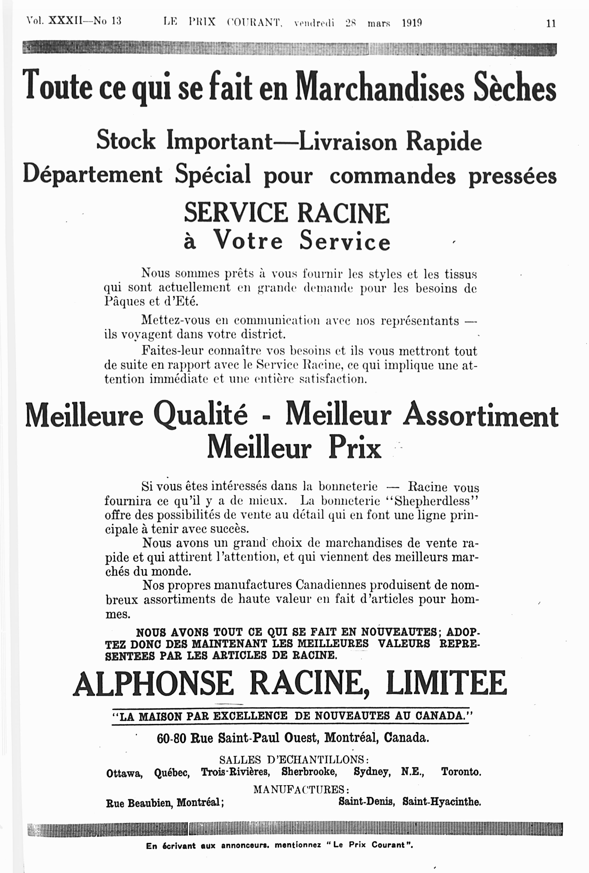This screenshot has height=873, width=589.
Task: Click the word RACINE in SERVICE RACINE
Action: (x=343, y=213)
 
